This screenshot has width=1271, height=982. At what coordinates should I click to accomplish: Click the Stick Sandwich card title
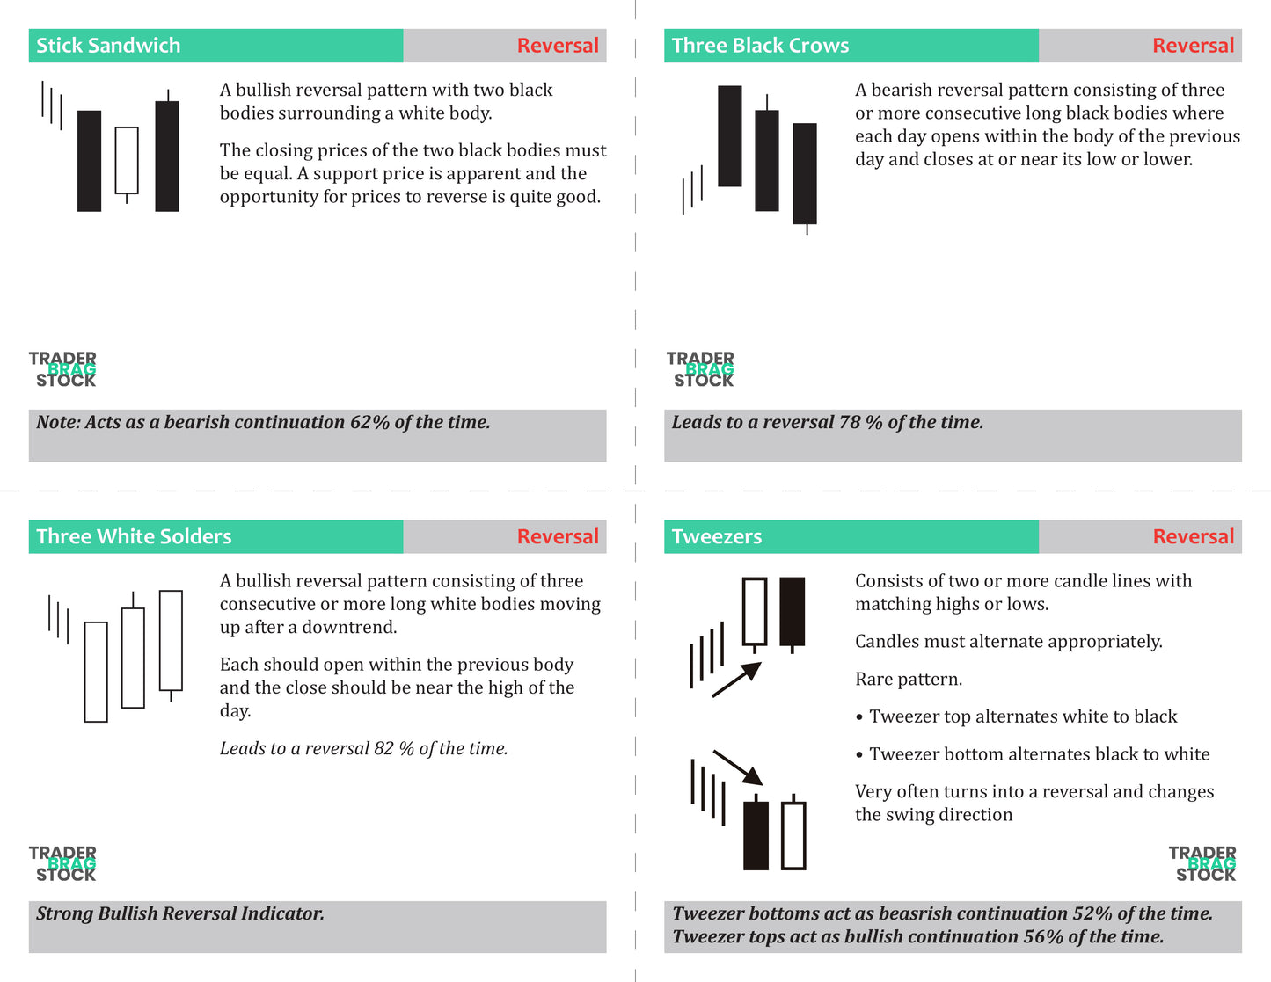click(x=108, y=46)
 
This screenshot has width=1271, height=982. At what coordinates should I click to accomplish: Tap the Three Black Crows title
click(x=760, y=46)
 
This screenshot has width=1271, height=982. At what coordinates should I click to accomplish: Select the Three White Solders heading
click(x=134, y=536)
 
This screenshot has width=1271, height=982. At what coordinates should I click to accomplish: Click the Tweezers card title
click(x=717, y=536)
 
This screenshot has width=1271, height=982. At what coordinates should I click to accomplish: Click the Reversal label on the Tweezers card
click(x=1193, y=536)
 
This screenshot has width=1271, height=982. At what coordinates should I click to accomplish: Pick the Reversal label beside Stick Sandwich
click(x=557, y=46)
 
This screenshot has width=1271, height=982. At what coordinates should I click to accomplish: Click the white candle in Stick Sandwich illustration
click(x=127, y=160)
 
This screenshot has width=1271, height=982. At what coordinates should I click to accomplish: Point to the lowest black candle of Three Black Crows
click(x=805, y=173)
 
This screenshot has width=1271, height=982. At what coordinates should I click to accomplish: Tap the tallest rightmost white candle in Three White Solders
click(x=171, y=640)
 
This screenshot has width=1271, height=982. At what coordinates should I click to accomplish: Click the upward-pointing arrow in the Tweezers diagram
click(x=737, y=680)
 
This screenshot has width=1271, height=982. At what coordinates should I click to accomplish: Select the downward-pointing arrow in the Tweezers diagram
click(x=738, y=767)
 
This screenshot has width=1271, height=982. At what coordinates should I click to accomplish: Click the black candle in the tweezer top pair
click(x=793, y=612)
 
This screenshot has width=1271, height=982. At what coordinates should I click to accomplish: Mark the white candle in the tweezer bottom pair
click(x=793, y=835)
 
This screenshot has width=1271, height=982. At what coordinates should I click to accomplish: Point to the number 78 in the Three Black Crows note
click(x=850, y=423)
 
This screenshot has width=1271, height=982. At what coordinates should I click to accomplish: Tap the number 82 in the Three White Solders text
click(x=383, y=749)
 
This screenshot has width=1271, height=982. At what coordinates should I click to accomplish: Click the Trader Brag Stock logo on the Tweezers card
click(x=1202, y=863)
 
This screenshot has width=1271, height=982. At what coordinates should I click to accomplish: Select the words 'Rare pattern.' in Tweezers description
click(x=909, y=680)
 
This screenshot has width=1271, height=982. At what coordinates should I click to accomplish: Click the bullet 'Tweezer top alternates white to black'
click(x=1022, y=716)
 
